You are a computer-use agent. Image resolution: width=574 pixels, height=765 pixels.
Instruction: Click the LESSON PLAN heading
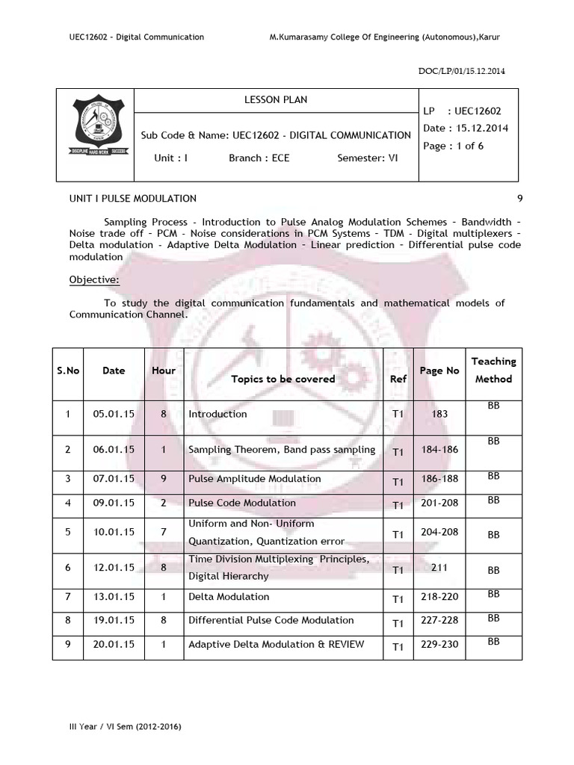tap(276, 99)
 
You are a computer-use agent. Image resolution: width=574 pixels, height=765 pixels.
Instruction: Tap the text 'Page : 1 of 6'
tap(453, 146)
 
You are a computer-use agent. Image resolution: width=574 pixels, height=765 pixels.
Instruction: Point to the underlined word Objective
tap(94, 279)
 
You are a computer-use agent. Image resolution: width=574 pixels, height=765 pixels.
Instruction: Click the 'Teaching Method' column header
tap(493, 370)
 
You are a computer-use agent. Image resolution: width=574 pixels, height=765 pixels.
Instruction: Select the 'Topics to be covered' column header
tap(283, 379)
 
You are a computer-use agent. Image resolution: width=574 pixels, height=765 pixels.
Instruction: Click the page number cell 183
tap(439, 414)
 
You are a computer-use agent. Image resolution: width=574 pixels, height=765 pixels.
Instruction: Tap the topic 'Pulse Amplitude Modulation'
tap(254, 479)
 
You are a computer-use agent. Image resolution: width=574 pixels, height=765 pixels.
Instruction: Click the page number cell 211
tap(439, 568)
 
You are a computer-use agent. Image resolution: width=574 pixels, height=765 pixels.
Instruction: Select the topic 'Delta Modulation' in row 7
tap(229, 597)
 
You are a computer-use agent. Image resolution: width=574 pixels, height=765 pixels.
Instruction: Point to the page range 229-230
tap(439, 644)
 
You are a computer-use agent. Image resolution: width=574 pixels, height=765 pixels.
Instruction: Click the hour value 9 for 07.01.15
tap(163, 479)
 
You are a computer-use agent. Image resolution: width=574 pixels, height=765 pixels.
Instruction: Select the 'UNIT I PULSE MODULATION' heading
tap(133, 198)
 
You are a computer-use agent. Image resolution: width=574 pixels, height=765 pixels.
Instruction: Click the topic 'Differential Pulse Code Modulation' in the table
tap(271, 620)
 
